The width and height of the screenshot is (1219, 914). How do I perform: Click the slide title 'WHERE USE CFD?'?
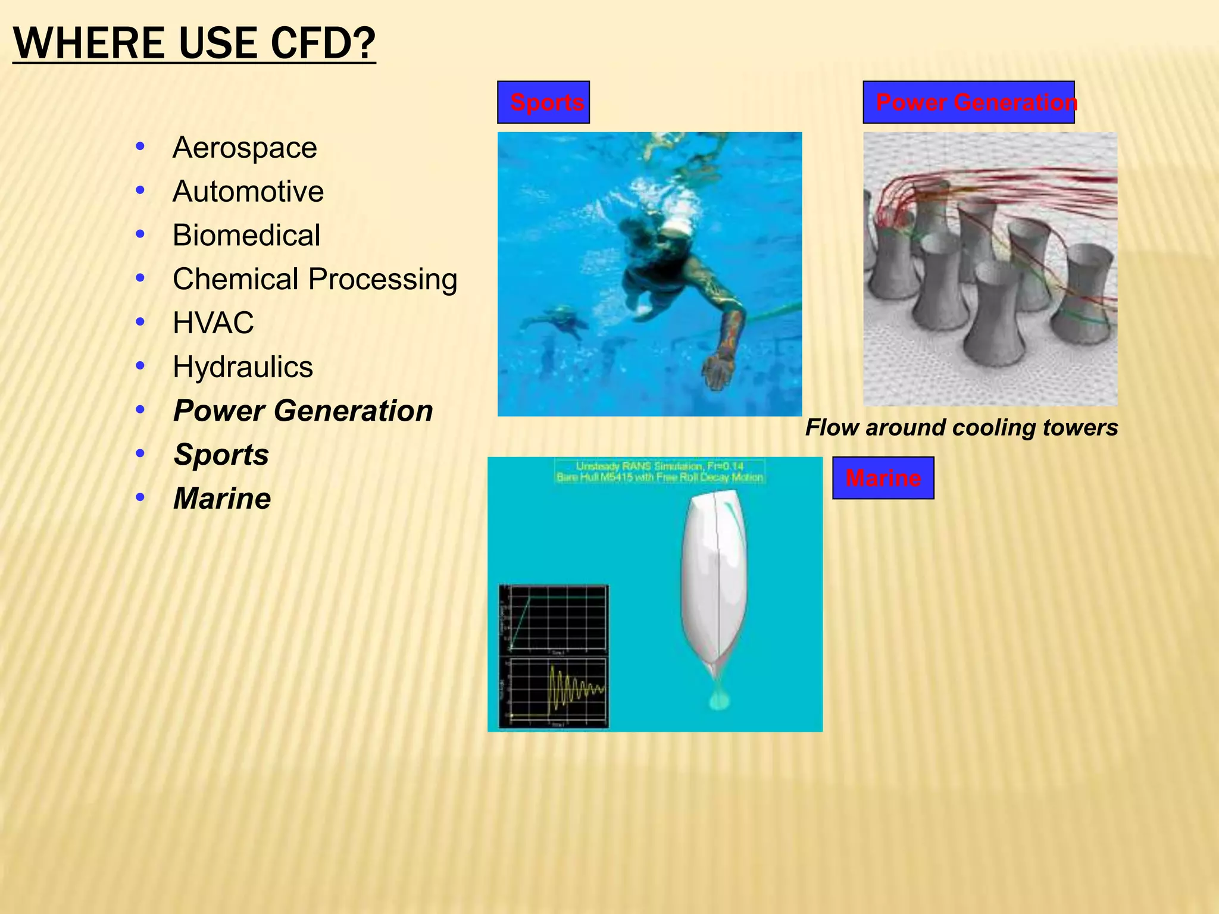(194, 43)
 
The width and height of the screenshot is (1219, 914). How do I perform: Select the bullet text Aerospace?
(245, 148)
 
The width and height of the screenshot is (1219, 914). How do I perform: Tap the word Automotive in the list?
(248, 192)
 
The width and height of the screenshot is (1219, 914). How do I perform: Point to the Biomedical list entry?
(246, 235)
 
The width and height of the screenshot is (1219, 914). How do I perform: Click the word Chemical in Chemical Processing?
(235, 279)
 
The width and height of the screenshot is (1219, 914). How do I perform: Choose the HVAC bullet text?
(213, 323)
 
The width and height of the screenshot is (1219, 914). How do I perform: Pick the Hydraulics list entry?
(243, 367)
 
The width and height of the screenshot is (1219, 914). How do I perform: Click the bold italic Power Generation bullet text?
(303, 411)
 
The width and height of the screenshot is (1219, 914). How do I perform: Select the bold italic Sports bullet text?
(221, 455)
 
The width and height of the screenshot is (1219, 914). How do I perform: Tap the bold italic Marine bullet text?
(222, 499)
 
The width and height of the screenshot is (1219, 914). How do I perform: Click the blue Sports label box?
(543, 102)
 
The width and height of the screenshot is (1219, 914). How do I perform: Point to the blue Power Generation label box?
(968, 102)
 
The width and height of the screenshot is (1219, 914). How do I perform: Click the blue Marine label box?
(883, 478)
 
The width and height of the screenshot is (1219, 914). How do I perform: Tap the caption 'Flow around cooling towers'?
(961, 428)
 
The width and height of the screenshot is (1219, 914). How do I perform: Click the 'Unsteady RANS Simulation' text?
(659, 466)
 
